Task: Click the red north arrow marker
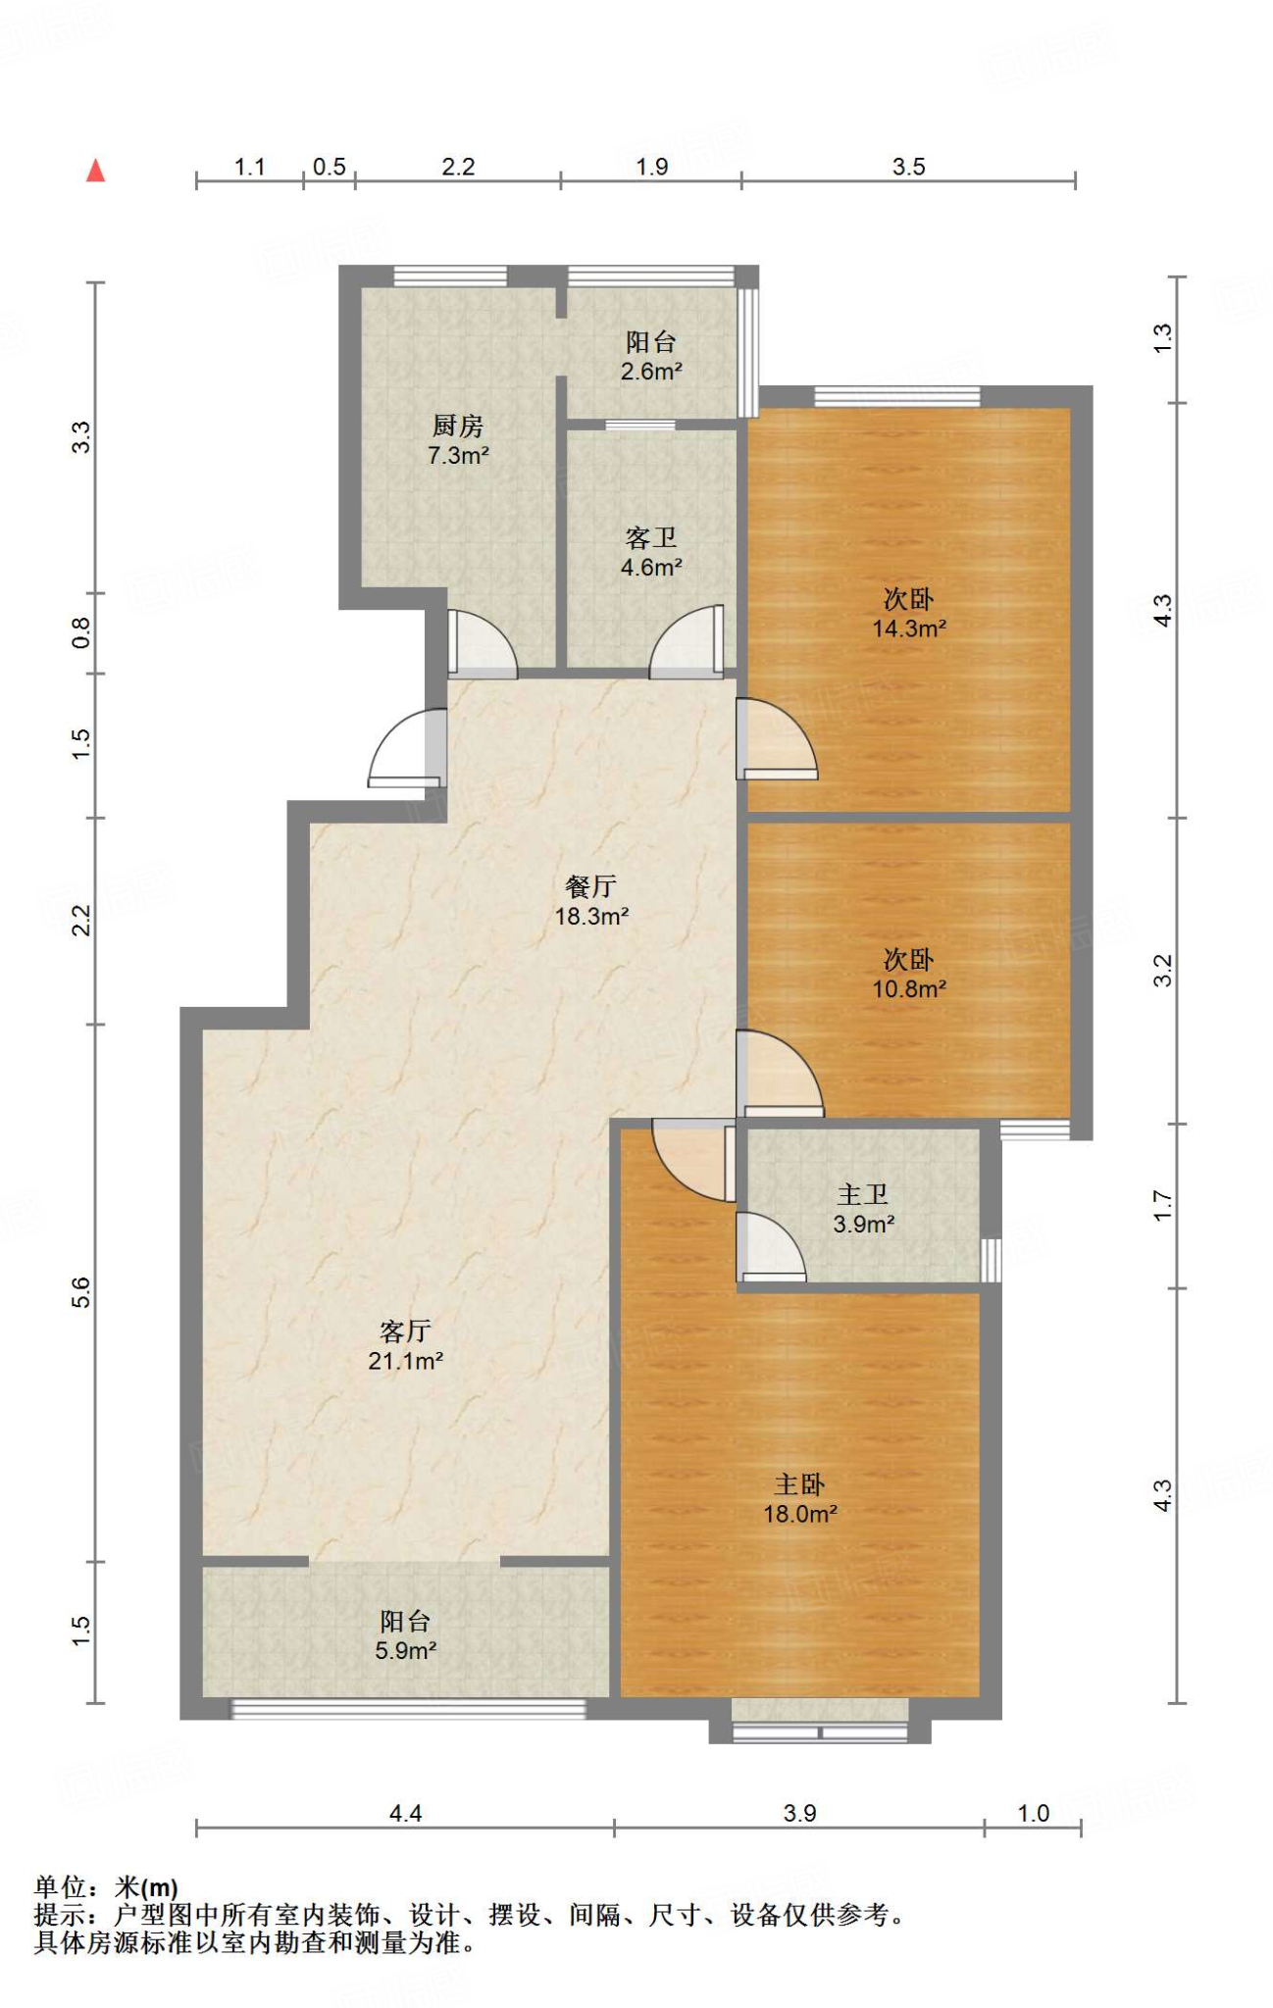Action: (x=95, y=171)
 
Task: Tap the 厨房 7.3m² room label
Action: (x=458, y=440)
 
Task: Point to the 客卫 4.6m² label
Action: (x=651, y=552)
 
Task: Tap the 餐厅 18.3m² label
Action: (x=591, y=901)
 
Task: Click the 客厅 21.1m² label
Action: (x=405, y=1345)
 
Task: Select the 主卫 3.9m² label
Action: (x=863, y=1209)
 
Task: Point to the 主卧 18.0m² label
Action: (x=800, y=1498)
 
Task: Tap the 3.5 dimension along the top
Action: (x=908, y=167)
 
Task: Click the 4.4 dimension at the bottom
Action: (x=405, y=1813)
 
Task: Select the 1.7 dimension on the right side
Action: (x=1162, y=1205)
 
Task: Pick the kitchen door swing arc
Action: (x=483, y=643)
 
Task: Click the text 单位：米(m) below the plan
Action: (x=106, y=1886)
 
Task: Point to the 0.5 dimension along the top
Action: (x=330, y=167)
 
